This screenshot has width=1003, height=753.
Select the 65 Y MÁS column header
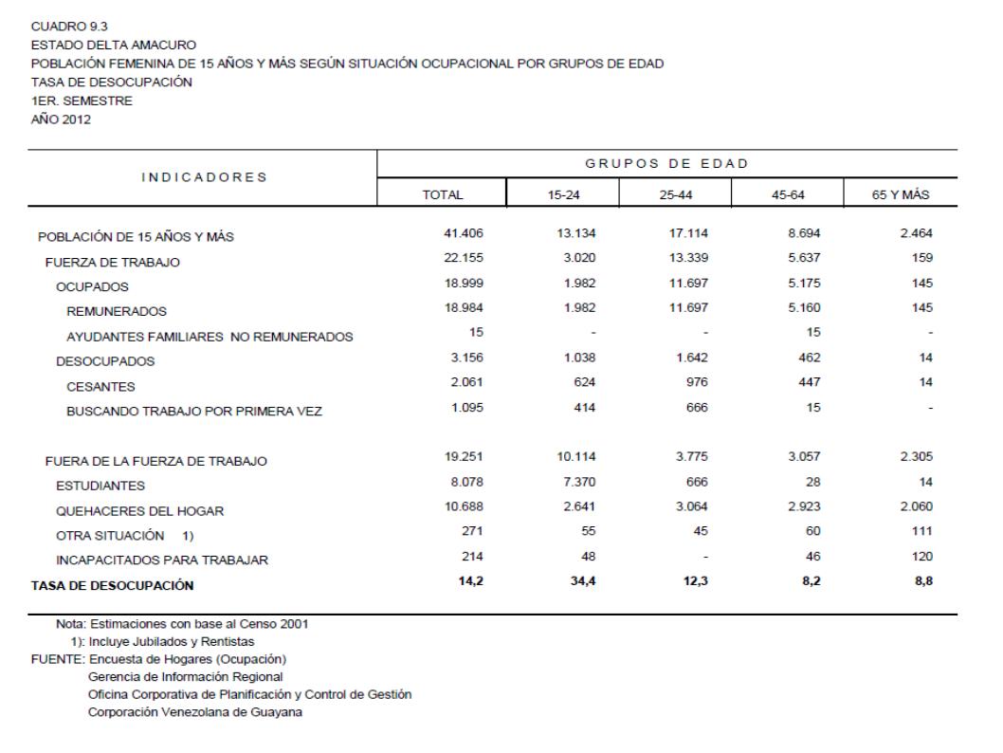901,193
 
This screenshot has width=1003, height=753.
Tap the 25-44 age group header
675,193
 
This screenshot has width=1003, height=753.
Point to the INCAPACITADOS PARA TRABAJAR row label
150,560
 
